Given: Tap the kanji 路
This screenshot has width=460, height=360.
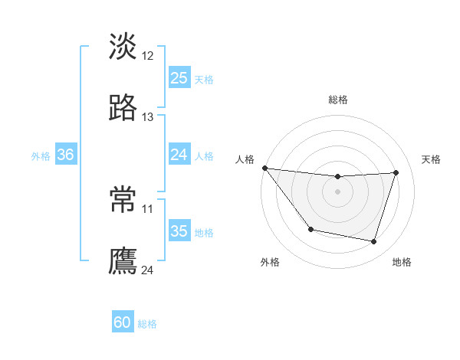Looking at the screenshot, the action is tap(123, 108).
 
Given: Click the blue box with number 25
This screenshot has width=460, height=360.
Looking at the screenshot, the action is tap(179, 77).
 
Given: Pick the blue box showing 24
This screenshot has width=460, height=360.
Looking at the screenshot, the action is tap(179, 155).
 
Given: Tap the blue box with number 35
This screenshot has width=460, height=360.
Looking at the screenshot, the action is tap(179, 231).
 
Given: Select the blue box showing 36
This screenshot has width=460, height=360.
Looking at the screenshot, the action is tap(65, 155).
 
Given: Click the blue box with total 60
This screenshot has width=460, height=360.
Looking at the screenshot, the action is tap(123, 322).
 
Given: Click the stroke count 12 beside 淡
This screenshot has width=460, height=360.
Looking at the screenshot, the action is tap(148, 55).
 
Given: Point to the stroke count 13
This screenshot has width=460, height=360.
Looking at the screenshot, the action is tap(148, 117).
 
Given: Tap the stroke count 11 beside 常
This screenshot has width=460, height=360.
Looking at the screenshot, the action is tap(148, 208).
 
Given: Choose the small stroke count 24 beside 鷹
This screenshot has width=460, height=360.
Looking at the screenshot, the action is tap(148, 270).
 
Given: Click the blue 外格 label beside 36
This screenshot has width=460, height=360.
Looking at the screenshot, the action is tap(41, 155).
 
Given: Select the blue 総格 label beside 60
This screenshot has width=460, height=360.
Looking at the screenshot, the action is tap(147, 324).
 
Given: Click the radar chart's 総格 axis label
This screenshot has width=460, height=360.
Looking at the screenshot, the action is tap(338, 100).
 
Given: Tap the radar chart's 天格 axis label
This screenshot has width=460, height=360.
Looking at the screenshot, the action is tap(432, 159).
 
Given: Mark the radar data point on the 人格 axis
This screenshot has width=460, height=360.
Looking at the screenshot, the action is tap(264, 168).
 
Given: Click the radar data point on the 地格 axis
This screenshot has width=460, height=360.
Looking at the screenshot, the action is tap(374, 242).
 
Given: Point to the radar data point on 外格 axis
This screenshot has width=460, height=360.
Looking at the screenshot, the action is tap(310, 229).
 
